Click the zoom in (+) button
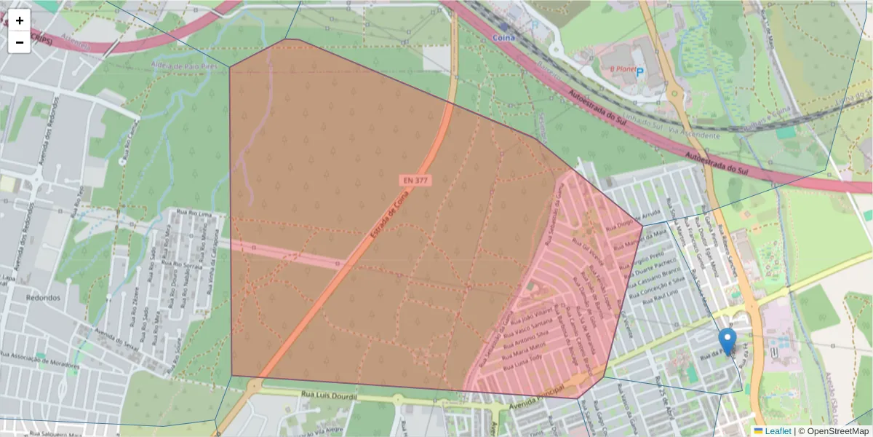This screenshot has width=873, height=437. pyautogui.click(x=20, y=20)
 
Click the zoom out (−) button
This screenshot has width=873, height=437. pyautogui.click(x=20, y=42)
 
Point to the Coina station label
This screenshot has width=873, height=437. pyautogui.click(x=503, y=37)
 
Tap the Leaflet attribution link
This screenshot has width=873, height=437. pyautogui.click(x=778, y=431)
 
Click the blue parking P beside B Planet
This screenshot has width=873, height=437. pyautogui.click(x=640, y=71)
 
